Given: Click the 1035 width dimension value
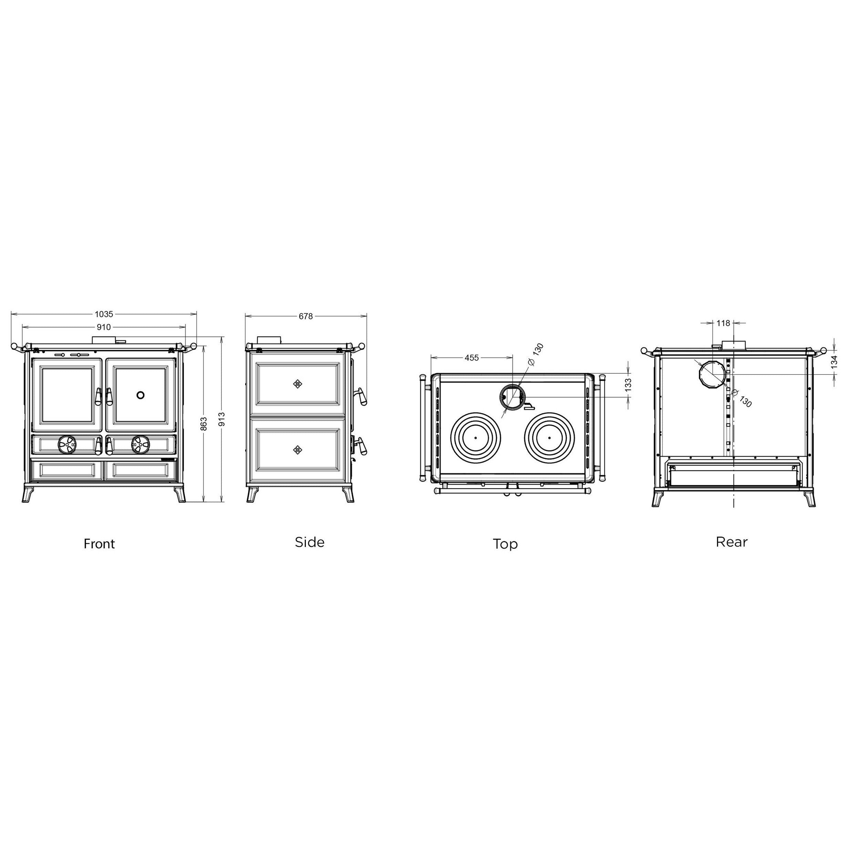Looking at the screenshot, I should tap(104, 314).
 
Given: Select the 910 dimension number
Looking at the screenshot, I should tap(104, 327).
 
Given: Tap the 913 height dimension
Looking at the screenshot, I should tap(221, 419).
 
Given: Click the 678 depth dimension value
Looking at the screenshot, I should tap(306, 317).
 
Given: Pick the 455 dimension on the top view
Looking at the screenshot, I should tap(471, 357).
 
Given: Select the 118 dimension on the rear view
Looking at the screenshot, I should tap(723, 323).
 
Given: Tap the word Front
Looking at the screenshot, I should tap(100, 544).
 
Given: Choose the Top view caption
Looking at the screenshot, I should tap(505, 544).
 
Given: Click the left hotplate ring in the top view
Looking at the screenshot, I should tap(476, 438).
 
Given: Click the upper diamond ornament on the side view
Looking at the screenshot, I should tap(298, 384).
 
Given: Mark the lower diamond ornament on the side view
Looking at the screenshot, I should tap(298, 450).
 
